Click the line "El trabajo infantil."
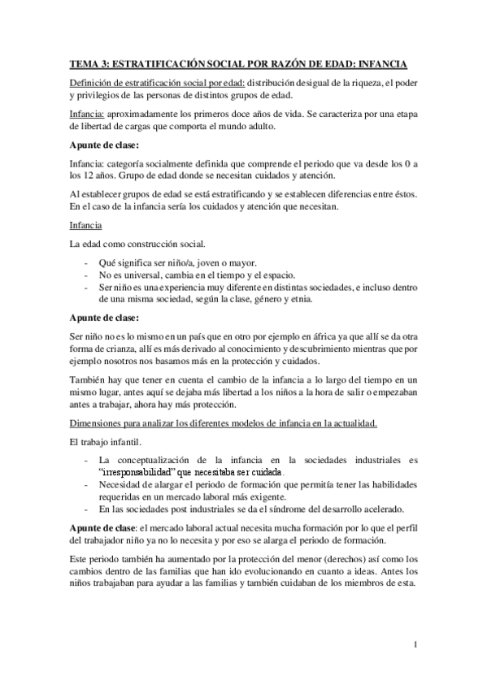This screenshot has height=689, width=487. coord(107,443)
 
